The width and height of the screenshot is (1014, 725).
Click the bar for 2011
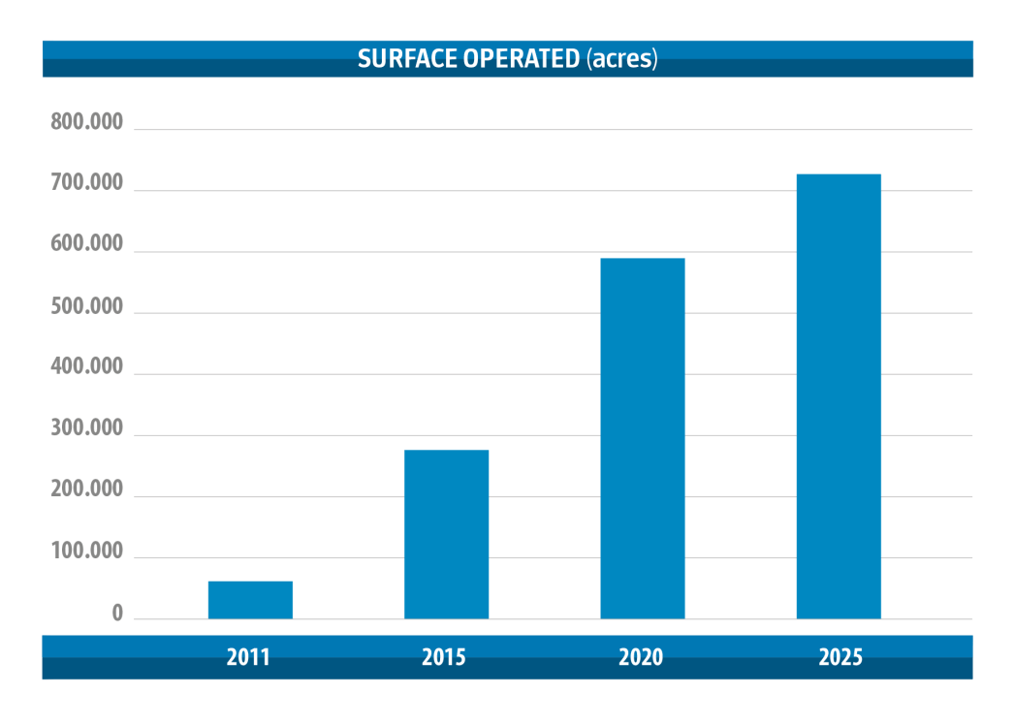click(x=250, y=600)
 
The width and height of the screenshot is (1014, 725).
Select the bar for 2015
click(x=446, y=534)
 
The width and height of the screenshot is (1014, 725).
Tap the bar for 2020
click(x=643, y=438)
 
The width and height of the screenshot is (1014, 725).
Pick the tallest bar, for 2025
click(x=839, y=396)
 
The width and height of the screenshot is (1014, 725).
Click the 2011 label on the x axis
click(x=248, y=657)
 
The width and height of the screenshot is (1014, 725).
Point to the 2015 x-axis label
click(x=444, y=657)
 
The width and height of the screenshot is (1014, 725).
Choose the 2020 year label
click(x=641, y=657)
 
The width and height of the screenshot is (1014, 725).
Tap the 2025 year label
click(x=840, y=657)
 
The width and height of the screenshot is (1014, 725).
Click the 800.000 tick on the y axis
click(x=87, y=123)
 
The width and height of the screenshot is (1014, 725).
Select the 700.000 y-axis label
click(x=87, y=184)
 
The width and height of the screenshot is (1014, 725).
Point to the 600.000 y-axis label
click(x=87, y=245)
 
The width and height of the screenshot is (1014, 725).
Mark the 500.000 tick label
click(x=87, y=307)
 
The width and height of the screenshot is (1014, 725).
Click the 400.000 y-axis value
click(x=87, y=368)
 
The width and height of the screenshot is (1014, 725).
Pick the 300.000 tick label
click(x=87, y=429)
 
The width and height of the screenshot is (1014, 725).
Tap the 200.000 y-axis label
click(x=87, y=490)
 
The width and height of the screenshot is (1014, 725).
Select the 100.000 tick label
click(x=87, y=552)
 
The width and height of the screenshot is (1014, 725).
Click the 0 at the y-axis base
click(x=117, y=614)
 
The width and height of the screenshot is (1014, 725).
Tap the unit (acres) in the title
click(x=621, y=58)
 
